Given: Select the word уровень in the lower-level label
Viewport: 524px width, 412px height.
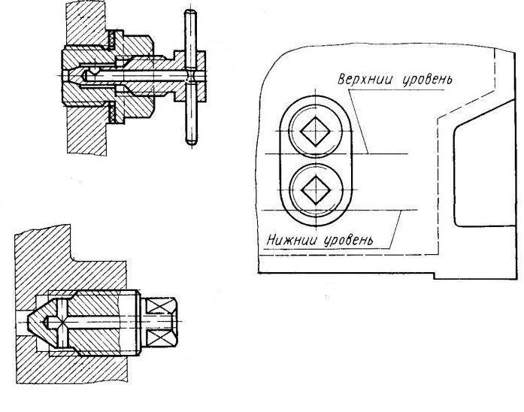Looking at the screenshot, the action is (348, 240).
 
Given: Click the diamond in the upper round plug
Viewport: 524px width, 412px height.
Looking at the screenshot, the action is (316, 132).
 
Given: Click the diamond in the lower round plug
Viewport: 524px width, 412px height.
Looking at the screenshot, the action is (316, 189).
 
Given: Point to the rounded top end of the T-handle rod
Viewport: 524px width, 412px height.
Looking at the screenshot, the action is (190, 13).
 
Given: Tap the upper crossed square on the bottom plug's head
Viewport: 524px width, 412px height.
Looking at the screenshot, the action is (159, 306).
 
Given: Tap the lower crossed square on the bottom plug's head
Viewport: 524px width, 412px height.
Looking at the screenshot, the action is (159, 338).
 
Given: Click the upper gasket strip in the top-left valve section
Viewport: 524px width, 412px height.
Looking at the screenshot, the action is (112, 40).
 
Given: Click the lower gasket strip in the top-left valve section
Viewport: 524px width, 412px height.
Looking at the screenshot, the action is (112, 112).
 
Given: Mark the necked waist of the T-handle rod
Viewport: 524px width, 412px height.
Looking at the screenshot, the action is (191, 76).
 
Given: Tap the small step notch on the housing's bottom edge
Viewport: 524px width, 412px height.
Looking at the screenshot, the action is (434, 276).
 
